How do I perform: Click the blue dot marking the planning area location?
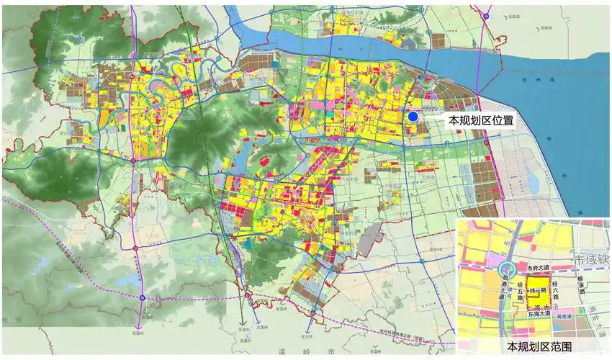pos(413,117)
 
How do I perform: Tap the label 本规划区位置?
pos(481,121)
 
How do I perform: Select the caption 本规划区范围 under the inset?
pos(534,347)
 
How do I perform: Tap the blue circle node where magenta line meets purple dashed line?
pos(142,297)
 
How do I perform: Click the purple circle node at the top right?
pos(487,16)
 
